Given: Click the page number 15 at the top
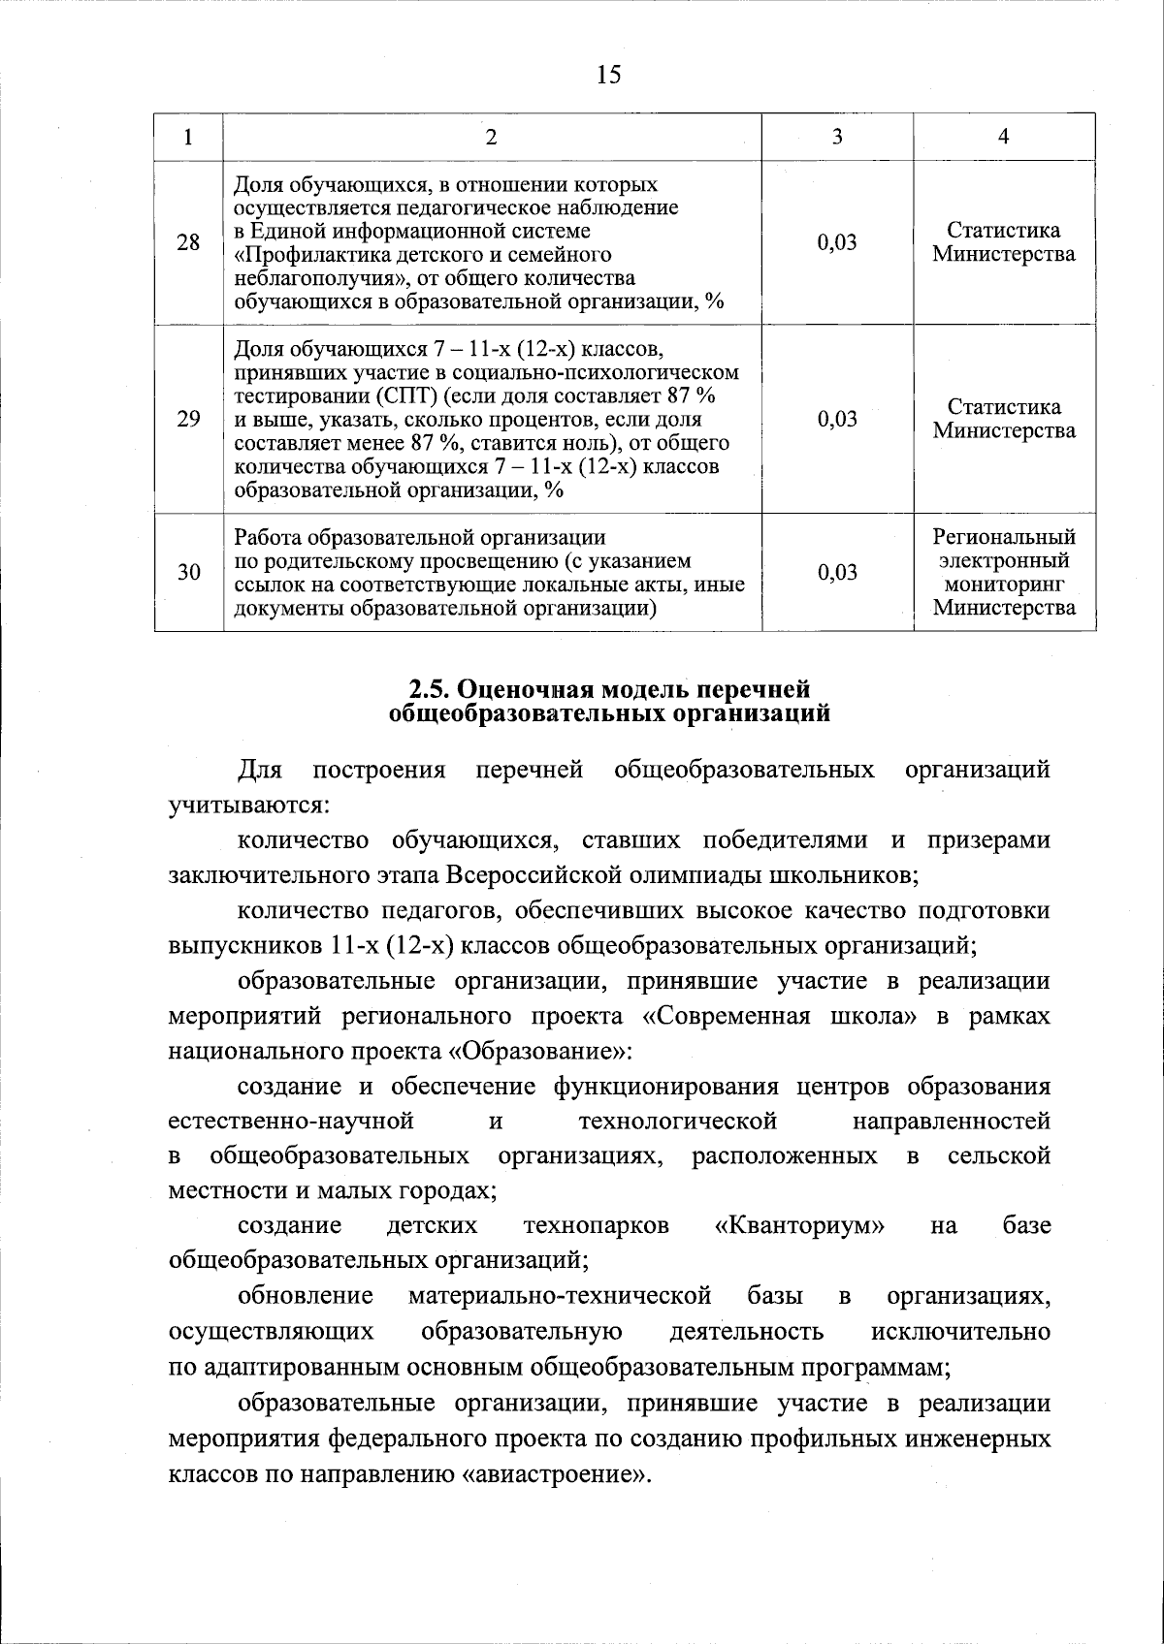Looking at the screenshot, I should tap(608, 76).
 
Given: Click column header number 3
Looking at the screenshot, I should tap(837, 137).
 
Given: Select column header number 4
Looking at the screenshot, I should tap(1004, 137).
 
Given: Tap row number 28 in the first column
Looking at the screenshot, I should tap(188, 242).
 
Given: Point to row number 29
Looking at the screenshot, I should tap(188, 419).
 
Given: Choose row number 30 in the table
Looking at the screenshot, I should tap(188, 572).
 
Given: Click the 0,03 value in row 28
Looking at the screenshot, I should tap(837, 242).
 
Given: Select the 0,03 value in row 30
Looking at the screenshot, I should tap(837, 572).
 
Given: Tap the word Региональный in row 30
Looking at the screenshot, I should tap(1004, 537).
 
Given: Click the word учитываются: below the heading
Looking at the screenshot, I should tap(248, 806).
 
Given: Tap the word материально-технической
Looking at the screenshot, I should tap(560, 1296).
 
